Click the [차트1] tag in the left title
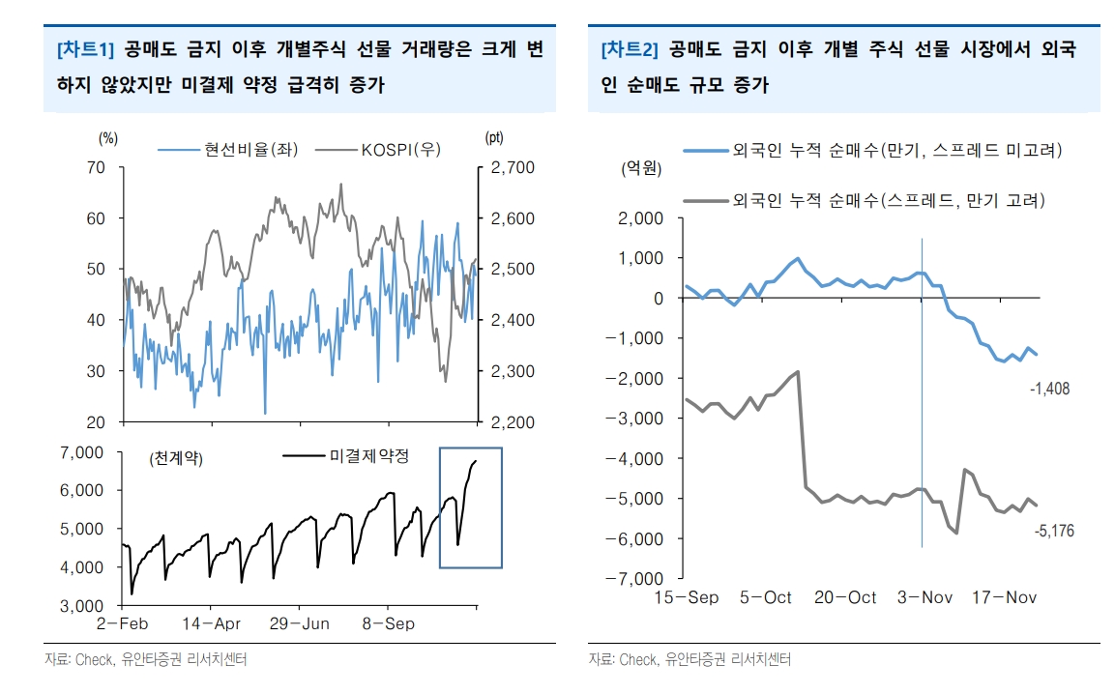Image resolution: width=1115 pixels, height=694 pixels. pyautogui.click(x=86, y=49)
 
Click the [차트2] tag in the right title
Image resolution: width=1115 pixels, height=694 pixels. pyautogui.click(x=630, y=49)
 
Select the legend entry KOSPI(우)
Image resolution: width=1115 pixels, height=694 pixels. pyautogui.click(x=397, y=149)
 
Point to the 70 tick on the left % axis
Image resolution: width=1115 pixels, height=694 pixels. pyautogui.click(x=95, y=167)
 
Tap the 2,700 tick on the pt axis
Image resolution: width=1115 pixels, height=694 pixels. pyautogui.click(x=512, y=167)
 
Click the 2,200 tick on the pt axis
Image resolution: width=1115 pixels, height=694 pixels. pyautogui.click(x=512, y=422)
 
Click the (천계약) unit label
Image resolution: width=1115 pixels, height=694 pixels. pyautogui.click(x=176, y=459)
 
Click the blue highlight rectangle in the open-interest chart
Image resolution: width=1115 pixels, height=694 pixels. pyautogui.click(x=471, y=507)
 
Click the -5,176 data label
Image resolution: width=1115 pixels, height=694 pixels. pyautogui.click(x=1053, y=531)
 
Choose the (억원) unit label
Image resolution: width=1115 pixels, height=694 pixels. pyautogui.click(x=641, y=170)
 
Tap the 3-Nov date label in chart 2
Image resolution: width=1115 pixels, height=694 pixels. pyautogui.click(x=924, y=597)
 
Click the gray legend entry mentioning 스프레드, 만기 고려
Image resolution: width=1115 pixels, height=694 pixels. pyautogui.click(x=885, y=201)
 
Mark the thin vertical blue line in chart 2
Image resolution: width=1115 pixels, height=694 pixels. pyautogui.click(x=922, y=406)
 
